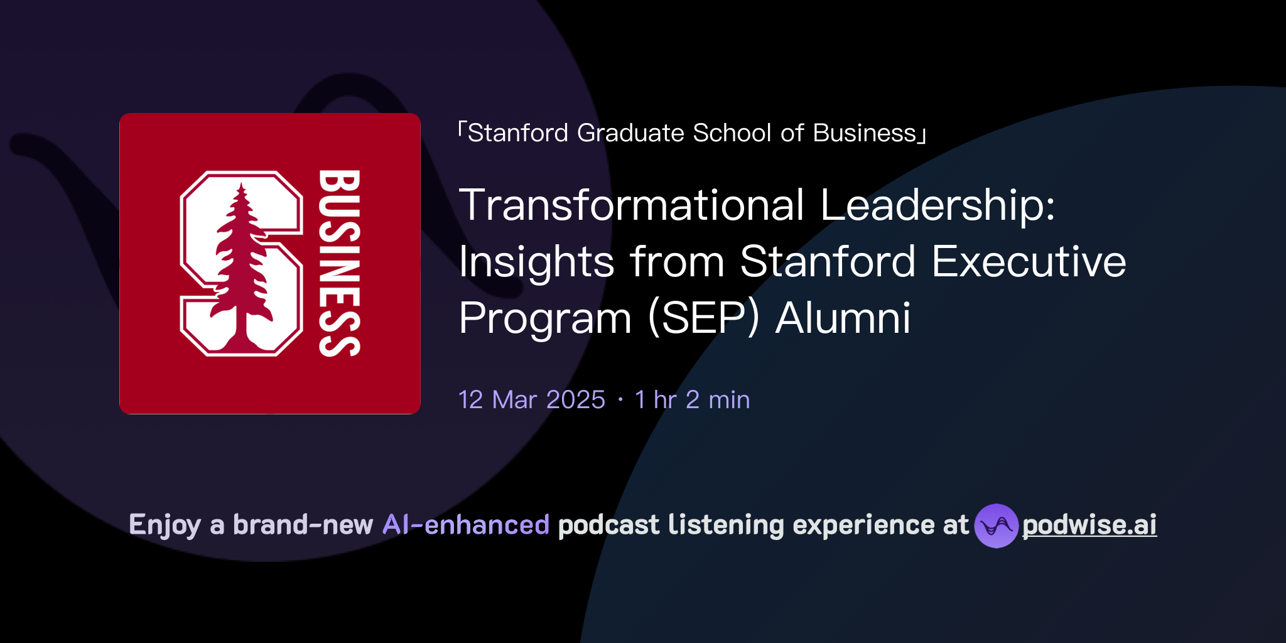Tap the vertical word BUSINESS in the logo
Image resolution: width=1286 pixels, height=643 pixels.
coord(339,263)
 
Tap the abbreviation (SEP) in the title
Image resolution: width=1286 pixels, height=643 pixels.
coord(703,318)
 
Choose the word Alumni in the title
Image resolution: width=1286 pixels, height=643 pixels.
coord(843,318)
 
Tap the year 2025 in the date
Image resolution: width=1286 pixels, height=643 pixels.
coord(576,400)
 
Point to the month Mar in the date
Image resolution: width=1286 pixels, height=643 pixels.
coord(515,400)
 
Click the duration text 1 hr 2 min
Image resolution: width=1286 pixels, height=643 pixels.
coord(692,400)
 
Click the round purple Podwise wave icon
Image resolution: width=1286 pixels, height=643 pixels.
coord(996,526)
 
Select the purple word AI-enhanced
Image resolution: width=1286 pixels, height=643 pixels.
coord(466,525)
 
